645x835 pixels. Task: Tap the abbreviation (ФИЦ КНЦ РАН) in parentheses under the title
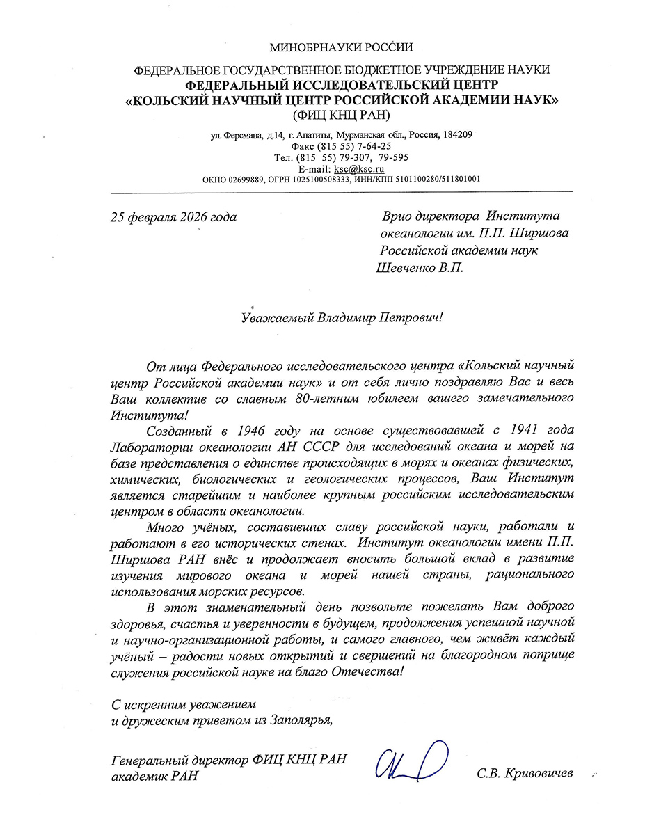[342, 114]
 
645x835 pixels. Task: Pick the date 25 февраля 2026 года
[173, 217]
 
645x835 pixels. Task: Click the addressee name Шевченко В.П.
[417, 267]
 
